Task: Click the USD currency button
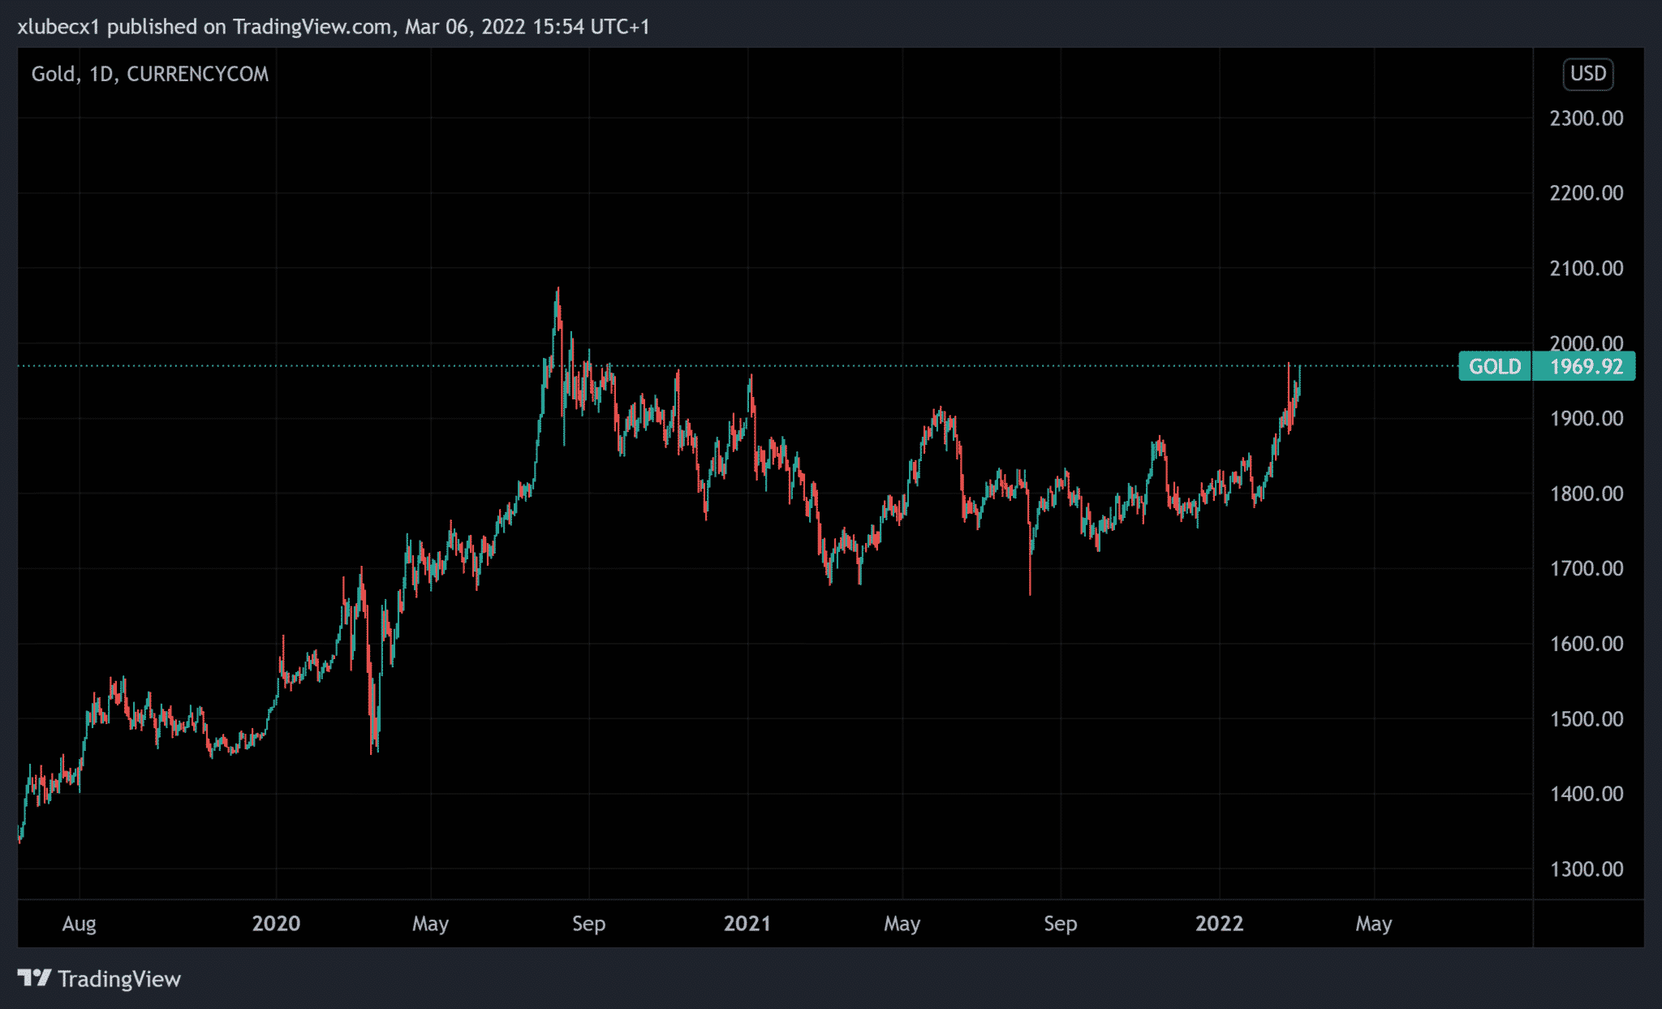coord(1587,74)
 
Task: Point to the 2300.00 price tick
coord(1586,119)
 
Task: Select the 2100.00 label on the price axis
coord(1586,269)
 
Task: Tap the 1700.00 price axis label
coord(1586,569)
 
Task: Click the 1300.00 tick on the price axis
coord(1586,869)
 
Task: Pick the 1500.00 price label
coord(1586,719)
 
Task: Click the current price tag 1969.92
coord(1586,367)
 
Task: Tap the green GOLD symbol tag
coord(1495,367)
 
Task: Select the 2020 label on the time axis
coord(276,924)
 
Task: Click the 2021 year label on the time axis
coord(747,924)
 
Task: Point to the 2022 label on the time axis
coord(1219,924)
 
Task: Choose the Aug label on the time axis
coord(80,924)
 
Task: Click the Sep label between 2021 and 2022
coord(1060,924)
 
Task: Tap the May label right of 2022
coord(1373,924)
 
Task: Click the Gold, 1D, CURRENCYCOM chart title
coord(150,74)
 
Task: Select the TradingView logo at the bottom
coord(99,979)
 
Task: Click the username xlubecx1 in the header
coord(58,27)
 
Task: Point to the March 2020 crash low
coord(372,751)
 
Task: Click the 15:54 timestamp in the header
coord(558,27)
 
